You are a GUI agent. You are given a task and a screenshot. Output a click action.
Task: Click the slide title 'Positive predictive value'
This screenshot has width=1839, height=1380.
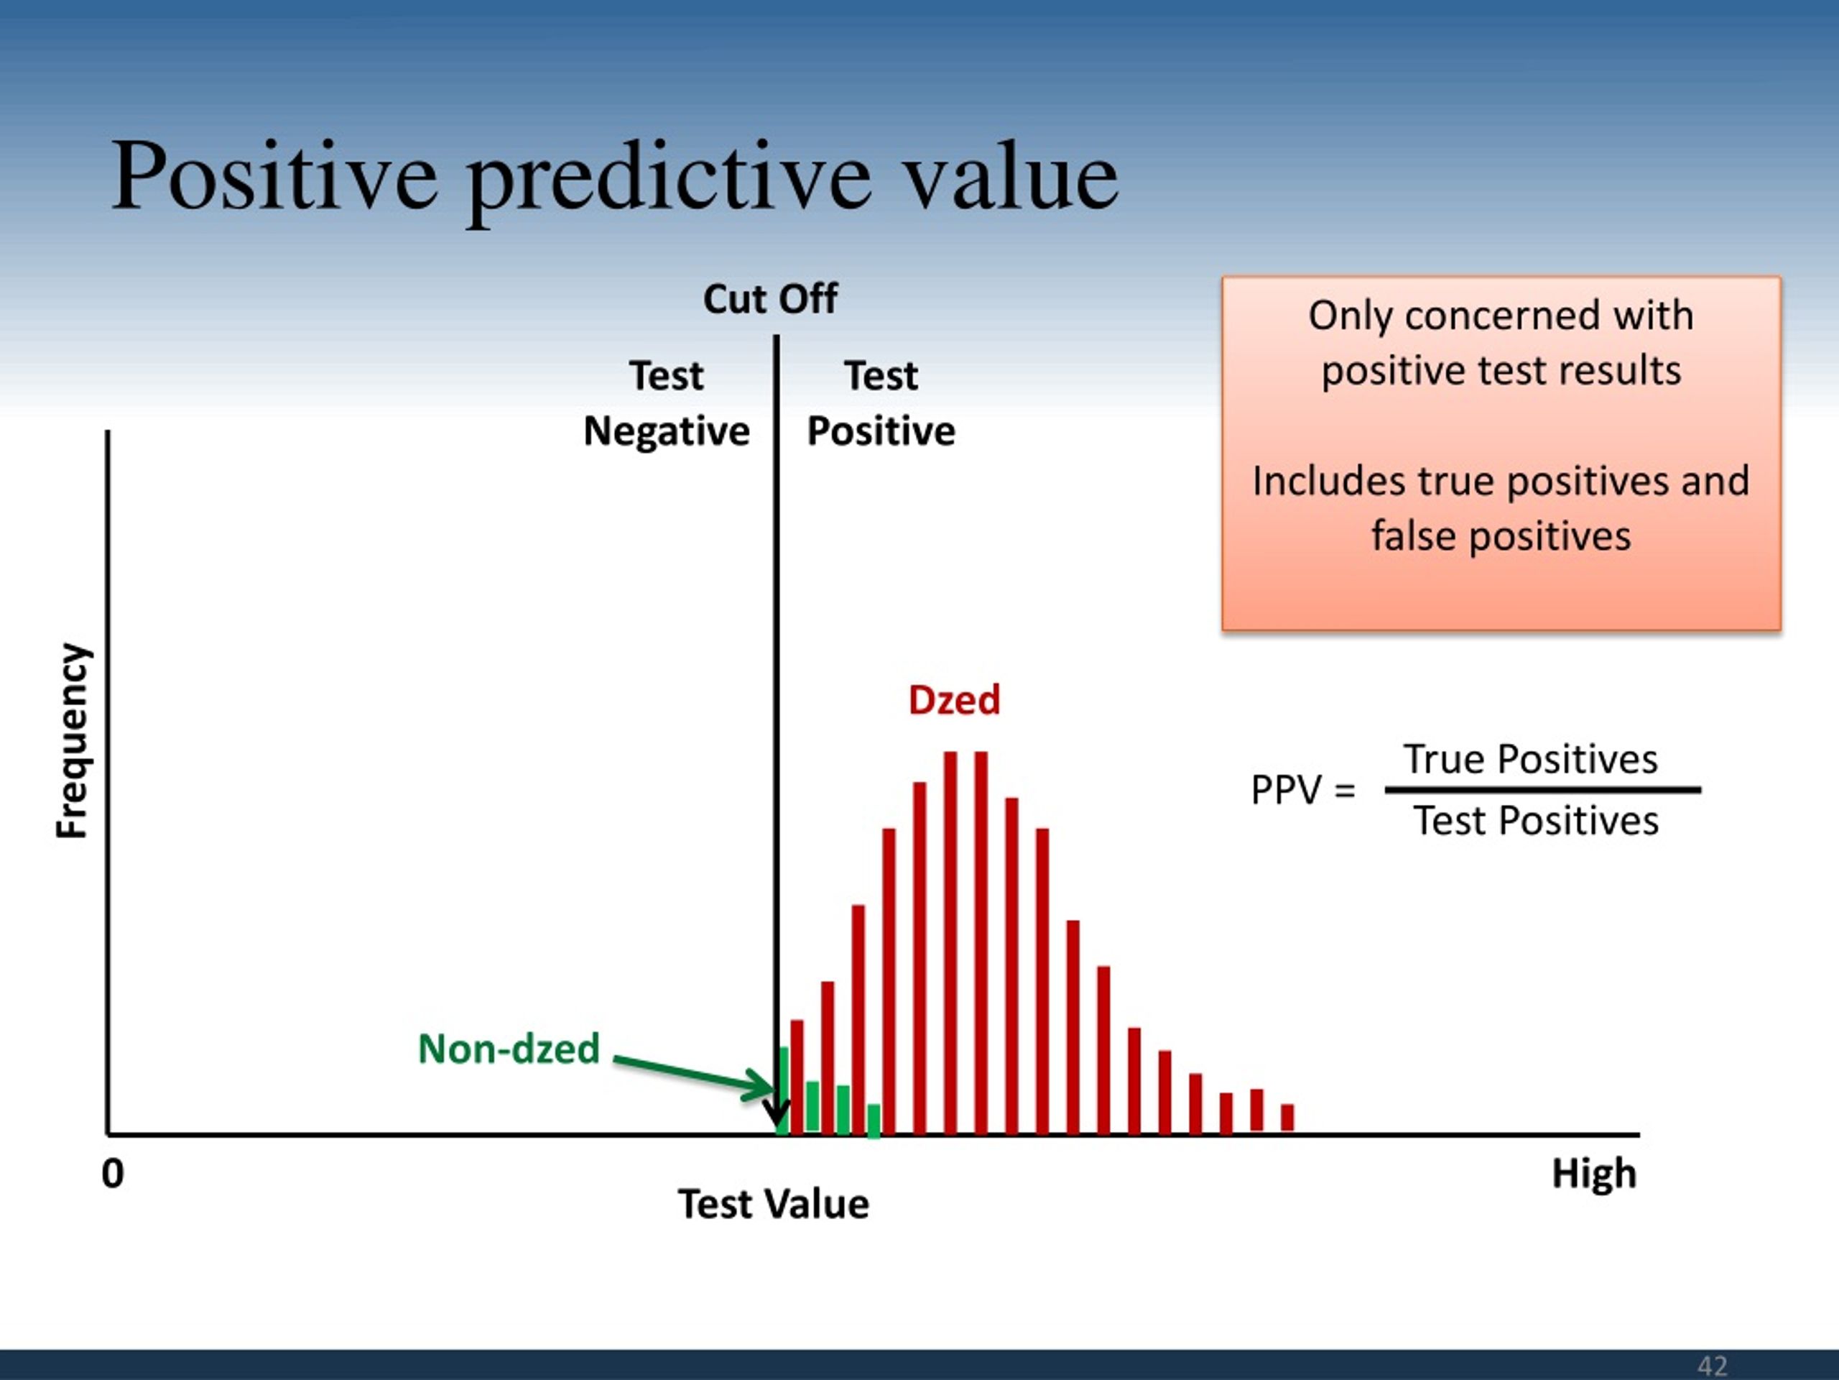[614, 179]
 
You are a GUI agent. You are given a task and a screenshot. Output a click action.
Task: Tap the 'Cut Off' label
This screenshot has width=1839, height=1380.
[770, 298]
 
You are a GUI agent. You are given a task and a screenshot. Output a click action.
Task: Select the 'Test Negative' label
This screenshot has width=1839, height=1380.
[667, 403]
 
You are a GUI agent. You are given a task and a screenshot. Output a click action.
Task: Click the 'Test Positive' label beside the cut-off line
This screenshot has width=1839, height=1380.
[881, 403]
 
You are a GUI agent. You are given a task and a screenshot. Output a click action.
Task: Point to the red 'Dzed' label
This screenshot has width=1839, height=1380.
[953, 699]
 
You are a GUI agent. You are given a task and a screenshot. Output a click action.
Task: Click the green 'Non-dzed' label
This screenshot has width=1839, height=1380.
[509, 1049]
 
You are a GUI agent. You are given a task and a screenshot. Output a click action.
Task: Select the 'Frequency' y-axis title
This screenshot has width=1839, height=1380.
[73, 741]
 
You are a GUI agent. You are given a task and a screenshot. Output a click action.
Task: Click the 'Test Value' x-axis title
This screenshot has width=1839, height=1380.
[773, 1205]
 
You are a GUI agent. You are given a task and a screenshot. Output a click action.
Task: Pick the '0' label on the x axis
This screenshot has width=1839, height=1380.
[113, 1174]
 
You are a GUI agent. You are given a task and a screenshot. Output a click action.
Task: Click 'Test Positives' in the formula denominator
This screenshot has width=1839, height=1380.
[1536, 822]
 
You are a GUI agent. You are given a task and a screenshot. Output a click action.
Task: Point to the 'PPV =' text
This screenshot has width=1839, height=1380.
[1303, 790]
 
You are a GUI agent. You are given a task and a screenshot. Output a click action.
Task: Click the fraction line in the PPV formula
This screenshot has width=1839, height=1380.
[1543, 790]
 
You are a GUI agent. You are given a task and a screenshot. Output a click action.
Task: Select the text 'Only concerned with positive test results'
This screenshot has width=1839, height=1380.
[1501, 343]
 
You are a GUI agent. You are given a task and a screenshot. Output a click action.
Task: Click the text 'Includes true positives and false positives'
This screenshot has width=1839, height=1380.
[1501, 508]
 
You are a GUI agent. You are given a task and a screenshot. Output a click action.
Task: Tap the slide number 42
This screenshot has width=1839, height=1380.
[1712, 1365]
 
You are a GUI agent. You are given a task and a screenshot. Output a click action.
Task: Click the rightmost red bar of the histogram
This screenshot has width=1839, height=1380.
[1287, 1118]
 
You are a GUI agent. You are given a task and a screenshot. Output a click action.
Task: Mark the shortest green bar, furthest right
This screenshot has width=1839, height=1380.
[874, 1121]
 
